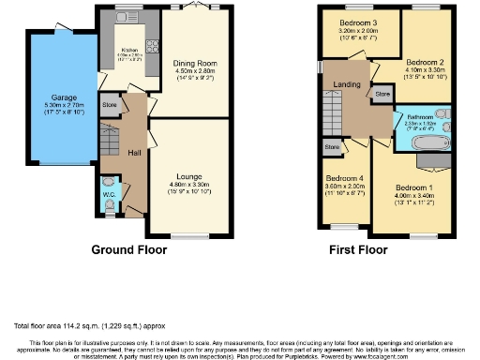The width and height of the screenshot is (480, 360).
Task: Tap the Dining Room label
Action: [x=195, y=64]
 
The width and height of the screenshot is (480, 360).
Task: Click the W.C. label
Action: [x=109, y=195]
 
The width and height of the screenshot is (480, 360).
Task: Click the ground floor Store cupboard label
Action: [x=109, y=105]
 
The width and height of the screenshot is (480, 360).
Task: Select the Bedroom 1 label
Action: [x=413, y=187]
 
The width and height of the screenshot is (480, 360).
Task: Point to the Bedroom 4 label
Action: [x=343, y=178]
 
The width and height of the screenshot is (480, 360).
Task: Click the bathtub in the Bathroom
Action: [x=420, y=142]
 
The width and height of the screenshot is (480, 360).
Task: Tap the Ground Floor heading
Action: [x=130, y=251]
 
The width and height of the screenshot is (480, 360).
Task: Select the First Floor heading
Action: [x=356, y=251]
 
